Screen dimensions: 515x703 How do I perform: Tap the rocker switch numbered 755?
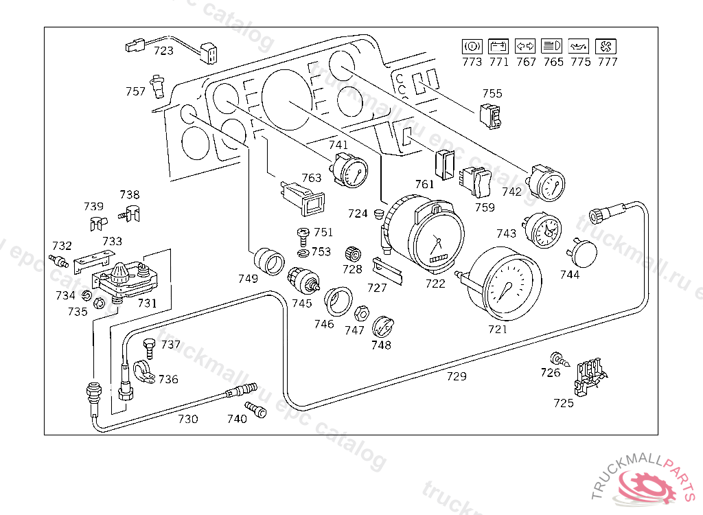pos(492,115)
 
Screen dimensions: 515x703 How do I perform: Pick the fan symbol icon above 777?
pos(607,47)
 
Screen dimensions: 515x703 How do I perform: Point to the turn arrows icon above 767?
pos(526,47)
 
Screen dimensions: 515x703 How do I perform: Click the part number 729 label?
pos(457,376)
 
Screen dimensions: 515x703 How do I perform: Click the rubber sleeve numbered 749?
pos(268,262)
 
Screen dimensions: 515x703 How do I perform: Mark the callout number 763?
pos(311,178)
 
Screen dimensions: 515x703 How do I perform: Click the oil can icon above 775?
pos(579,47)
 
